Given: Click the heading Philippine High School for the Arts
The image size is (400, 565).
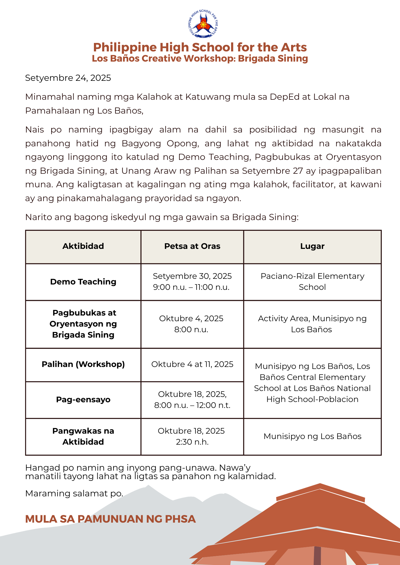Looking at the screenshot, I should click(200, 47).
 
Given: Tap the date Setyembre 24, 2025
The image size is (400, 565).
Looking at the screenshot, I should click(68, 78).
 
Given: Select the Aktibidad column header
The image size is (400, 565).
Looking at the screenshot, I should click(83, 246).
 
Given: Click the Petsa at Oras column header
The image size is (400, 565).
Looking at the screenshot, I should click(192, 246).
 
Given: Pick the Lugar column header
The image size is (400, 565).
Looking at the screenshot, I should click(312, 246).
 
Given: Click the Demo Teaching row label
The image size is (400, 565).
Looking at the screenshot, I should click(83, 282).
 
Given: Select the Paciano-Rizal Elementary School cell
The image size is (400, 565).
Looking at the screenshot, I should click(312, 281).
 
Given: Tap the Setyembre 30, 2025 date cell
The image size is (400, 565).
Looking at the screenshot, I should click(192, 281).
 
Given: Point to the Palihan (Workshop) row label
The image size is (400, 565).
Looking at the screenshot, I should click(83, 364).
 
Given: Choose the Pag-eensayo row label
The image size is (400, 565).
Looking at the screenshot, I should click(83, 399).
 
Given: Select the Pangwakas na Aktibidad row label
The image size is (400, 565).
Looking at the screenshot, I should click(83, 436).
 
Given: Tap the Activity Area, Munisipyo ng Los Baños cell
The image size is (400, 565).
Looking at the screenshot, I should click(312, 324).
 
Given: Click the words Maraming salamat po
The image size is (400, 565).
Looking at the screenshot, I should click(74, 493).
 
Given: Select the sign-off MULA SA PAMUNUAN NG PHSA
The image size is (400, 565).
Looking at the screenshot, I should click(110, 519).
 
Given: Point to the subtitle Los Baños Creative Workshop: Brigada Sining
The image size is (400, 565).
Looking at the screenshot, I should click(200, 58).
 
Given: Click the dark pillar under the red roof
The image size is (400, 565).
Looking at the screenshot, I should click(317, 556).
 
